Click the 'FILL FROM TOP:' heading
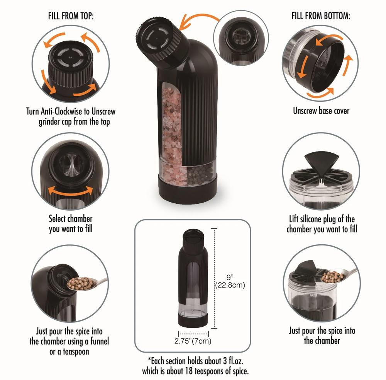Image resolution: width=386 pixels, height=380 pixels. pyautogui.click(x=71, y=16)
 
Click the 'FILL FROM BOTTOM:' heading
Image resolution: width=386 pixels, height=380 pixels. pyautogui.click(x=321, y=16)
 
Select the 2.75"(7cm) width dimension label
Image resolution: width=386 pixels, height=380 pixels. pyautogui.click(x=193, y=341)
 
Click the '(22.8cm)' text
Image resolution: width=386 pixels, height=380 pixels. pyautogui.click(x=230, y=285)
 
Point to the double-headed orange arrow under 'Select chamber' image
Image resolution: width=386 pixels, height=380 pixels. pyautogui.click(x=70, y=190)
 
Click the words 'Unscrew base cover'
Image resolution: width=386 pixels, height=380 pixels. pyautogui.click(x=321, y=111)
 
